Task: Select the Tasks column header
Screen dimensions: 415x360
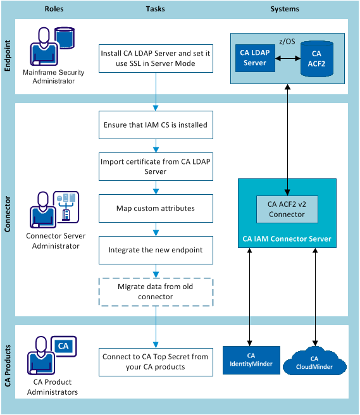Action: coord(155,9)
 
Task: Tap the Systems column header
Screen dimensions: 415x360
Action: coord(285,9)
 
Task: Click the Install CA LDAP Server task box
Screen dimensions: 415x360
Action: coord(155,59)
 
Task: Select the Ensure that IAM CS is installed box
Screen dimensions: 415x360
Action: coord(155,125)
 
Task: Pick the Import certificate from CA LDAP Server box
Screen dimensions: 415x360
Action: coord(155,166)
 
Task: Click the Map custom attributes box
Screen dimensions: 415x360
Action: coord(155,208)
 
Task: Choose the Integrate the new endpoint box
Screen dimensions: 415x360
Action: coord(155,250)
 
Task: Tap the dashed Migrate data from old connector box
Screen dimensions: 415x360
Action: coord(155,292)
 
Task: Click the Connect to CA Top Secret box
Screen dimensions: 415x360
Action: coord(155,362)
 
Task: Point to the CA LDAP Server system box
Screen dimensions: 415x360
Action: coord(254,58)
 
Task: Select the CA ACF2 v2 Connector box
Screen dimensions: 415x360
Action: coord(287,209)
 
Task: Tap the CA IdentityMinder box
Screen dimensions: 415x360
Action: coord(251,360)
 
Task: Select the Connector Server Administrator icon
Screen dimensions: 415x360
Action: coord(54,209)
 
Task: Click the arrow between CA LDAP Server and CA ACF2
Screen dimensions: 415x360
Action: coord(288,58)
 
